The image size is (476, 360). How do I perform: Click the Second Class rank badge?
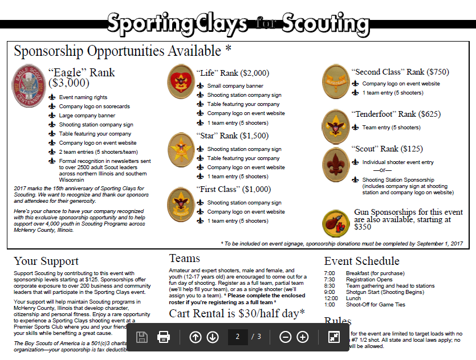336,80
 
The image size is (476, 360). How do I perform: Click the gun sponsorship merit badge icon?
336,223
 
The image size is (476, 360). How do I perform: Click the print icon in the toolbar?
164,337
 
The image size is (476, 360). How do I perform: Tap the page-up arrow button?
196,337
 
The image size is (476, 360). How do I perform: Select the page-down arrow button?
213,337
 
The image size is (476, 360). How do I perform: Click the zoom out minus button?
286,337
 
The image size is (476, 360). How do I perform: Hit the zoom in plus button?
303,337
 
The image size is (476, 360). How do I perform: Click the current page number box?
237,337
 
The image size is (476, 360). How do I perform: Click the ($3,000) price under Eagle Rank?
69,83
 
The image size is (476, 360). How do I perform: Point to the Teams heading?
185,259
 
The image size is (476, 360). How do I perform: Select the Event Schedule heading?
361,261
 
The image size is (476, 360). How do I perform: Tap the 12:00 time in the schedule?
331,298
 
